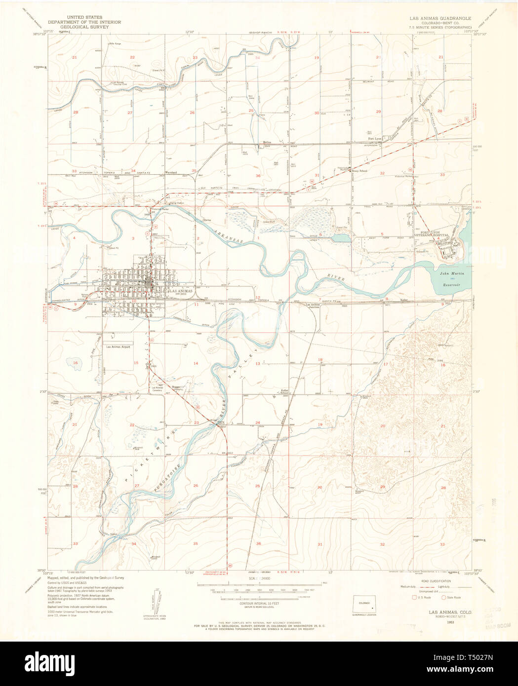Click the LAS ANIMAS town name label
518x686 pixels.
point(180,291)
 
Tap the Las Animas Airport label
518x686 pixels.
point(120,346)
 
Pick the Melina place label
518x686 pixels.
point(267,142)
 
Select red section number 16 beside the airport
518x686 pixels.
point(76,363)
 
